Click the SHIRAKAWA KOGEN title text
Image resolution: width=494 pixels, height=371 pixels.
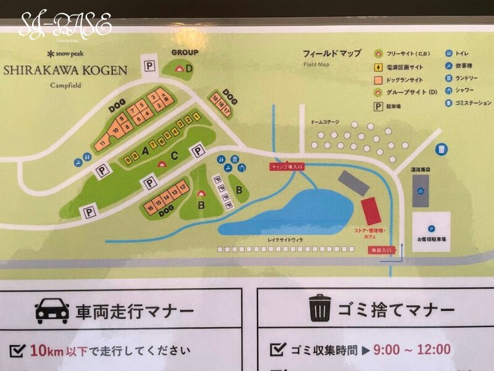pyautogui.click(x=65, y=70)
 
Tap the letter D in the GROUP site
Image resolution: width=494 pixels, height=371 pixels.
pyautogui.click(x=189, y=68)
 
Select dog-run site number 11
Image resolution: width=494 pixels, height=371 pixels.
pyautogui.click(x=101, y=145)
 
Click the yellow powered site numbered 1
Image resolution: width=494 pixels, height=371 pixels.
pyautogui.click(x=197, y=116)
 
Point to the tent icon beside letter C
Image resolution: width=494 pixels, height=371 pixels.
pyautogui.click(x=162, y=164)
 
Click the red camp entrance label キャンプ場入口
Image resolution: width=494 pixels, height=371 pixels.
pyautogui.click(x=287, y=166)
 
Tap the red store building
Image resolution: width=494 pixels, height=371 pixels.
pyautogui.click(x=371, y=211)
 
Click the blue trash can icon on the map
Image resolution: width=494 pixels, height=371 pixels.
pyautogui.click(x=442, y=150)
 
